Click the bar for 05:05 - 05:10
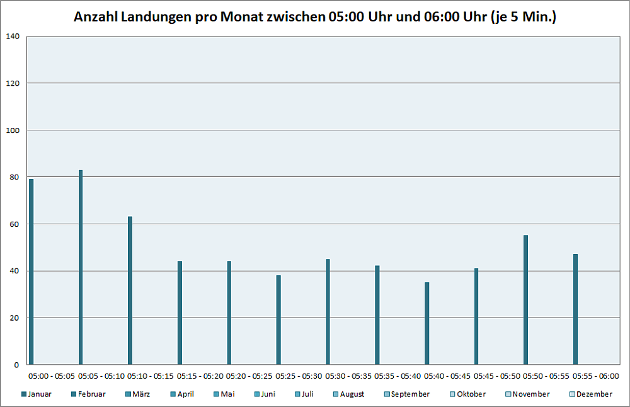(x=81, y=267)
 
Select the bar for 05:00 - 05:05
(x=31, y=272)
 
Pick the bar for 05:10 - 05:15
(x=130, y=290)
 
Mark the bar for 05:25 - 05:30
(x=278, y=319)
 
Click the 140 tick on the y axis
(x=13, y=37)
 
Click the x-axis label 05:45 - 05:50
(x=497, y=376)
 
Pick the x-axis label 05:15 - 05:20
(x=200, y=376)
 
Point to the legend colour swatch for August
(x=335, y=394)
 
